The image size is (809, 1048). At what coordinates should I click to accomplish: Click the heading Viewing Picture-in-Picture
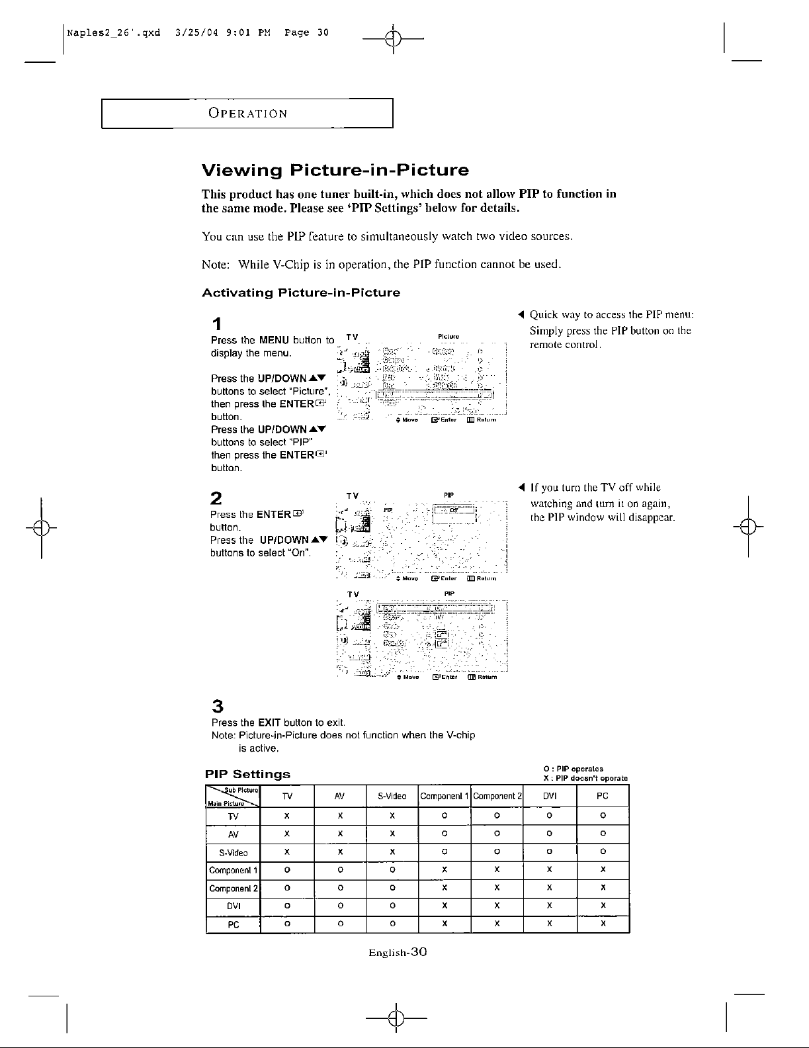pos(335,171)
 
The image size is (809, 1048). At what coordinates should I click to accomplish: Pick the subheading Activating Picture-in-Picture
pos(300,292)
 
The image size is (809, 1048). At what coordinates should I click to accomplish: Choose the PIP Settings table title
pos(247,773)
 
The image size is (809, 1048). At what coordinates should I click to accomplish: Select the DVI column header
pos(550,797)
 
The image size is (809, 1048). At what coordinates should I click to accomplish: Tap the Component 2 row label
pos(234,888)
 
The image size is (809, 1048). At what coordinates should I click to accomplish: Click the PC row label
pos(233,924)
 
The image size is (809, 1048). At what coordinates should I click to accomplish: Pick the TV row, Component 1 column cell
pos(445,816)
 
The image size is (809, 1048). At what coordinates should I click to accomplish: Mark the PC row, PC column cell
pos(603,924)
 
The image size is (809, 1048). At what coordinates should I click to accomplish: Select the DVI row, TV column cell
pos(287,906)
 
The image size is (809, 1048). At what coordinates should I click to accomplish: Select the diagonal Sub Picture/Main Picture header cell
pos(233,797)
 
